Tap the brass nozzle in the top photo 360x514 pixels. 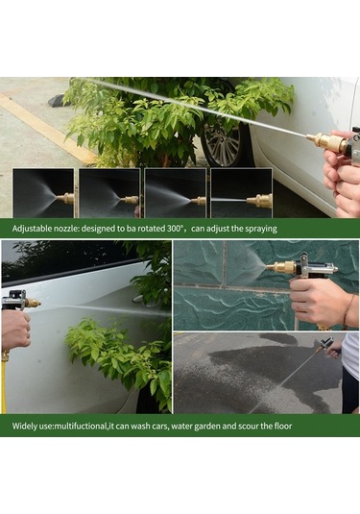pyautogui.click(x=327, y=142)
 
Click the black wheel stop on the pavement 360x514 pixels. pyautogui.click(x=58, y=101)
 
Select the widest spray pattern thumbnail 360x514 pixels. pyautogui.click(x=43, y=193)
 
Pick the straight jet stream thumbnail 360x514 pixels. pyautogui.click(x=241, y=193)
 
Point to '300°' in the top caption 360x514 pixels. pyautogui.click(x=174, y=228)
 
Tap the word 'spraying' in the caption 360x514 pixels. pyautogui.click(x=260, y=229)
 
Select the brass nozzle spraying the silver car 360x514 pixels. pyautogui.click(x=33, y=303)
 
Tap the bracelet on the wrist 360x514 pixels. pyautogui.click(x=348, y=310)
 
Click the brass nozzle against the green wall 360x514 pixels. pyautogui.click(x=280, y=267)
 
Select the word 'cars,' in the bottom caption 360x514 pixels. pyautogui.click(x=160, y=427)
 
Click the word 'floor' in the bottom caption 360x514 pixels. pyautogui.click(x=282, y=426)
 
